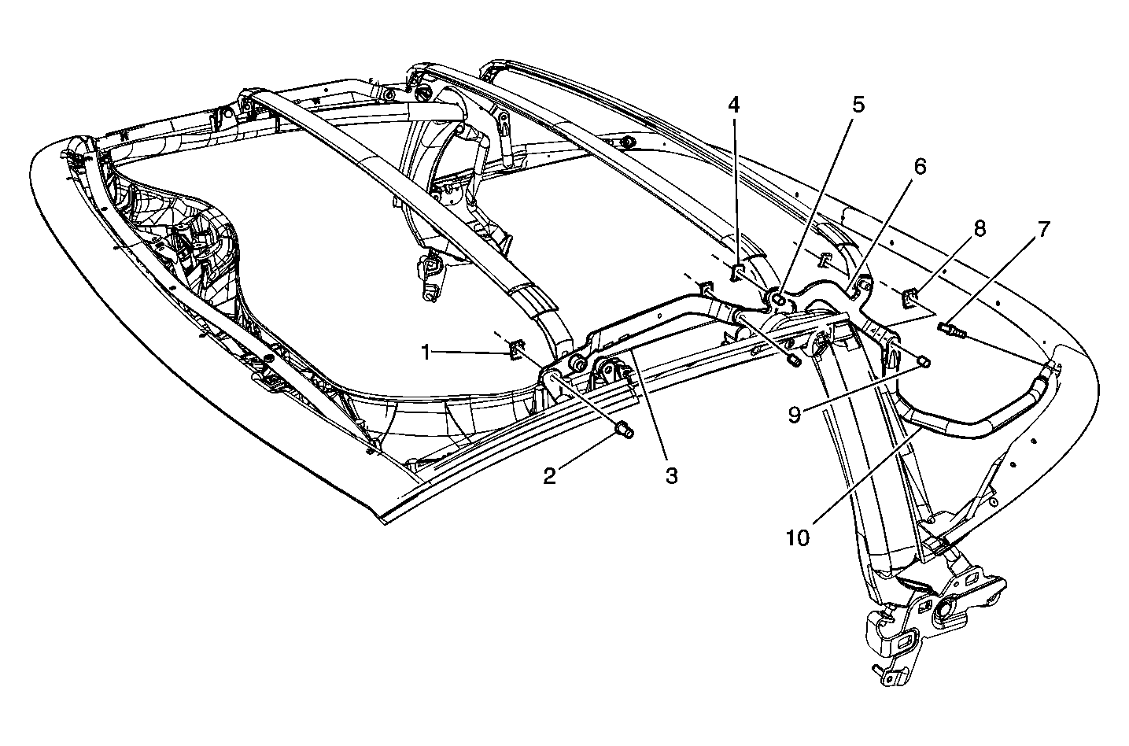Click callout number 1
pos(426,353)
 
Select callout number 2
pos(549,475)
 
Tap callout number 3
pos(671,475)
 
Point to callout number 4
pos(733,105)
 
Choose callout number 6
pos(920,166)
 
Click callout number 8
pos(980,229)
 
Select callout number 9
pos(795,415)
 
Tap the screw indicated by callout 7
pos(949,329)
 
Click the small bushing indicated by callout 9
pos(924,361)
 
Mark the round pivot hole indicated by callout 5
pos(779,300)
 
